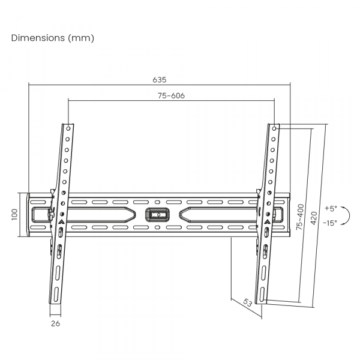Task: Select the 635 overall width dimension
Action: (x=160, y=79)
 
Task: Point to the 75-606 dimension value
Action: (x=171, y=95)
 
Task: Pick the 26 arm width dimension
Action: (x=55, y=323)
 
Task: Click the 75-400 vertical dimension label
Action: (x=299, y=217)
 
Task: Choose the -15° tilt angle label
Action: (x=330, y=222)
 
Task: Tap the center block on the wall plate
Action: (x=159, y=214)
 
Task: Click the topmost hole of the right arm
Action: (x=275, y=128)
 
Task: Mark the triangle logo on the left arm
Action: (x=61, y=220)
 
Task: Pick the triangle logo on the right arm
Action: (x=266, y=220)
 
